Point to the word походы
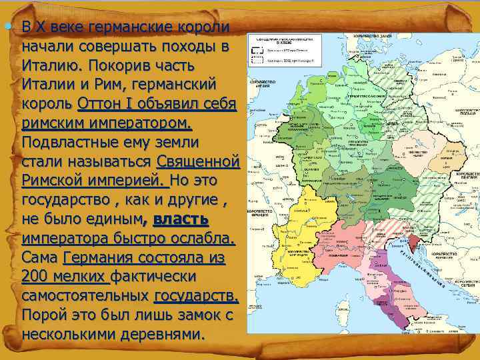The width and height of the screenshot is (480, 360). click(191, 47)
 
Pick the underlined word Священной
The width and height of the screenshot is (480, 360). click(197, 162)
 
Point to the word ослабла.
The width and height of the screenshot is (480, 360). click(199, 238)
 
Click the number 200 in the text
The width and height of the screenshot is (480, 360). click(35, 276)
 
